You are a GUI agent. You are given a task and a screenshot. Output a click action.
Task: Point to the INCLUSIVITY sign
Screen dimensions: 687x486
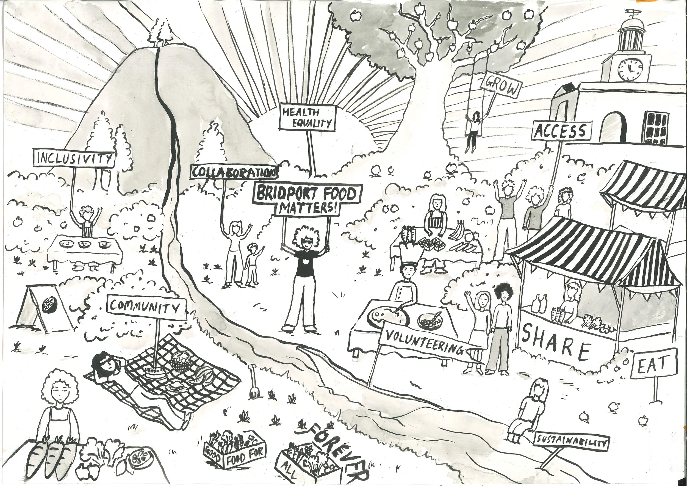(74, 158)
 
